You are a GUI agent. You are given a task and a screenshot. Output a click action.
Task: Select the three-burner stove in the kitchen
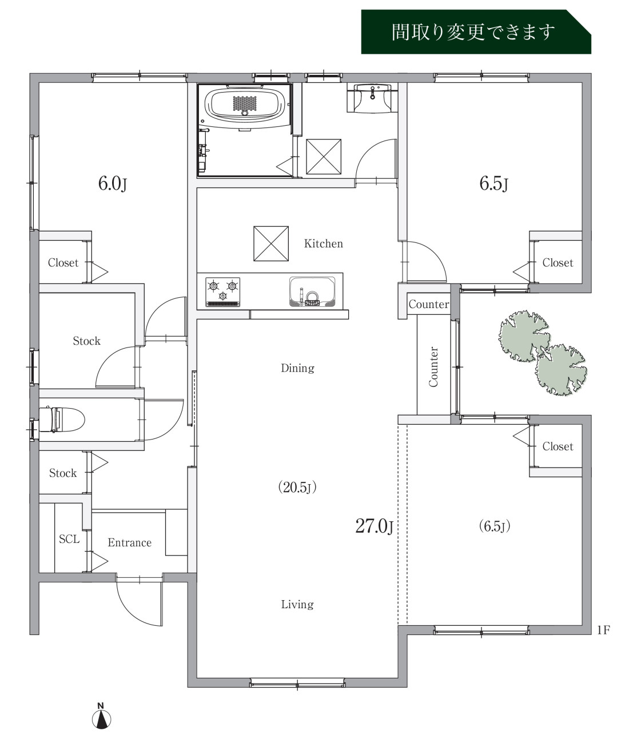[x=222, y=292]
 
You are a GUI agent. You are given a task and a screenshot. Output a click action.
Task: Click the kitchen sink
[x=312, y=292]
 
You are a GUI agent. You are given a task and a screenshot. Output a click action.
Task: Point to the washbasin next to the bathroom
[x=372, y=98]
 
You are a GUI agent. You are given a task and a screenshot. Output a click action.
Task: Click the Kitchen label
[x=323, y=243]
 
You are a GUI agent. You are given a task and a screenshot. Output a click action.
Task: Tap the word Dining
[x=297, y=368]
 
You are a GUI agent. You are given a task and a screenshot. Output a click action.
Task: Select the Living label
[x=297, y=604]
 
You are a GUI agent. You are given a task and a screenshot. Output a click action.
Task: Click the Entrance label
[x=130, y=542]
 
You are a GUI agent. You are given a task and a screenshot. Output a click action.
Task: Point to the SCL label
[x=69, y=539]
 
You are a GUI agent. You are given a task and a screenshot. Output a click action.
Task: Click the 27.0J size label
[x=374, y=526]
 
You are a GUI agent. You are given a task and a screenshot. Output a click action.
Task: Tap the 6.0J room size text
[x=113, y=184]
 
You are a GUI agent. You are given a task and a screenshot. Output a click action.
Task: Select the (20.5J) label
[x=297, y=487]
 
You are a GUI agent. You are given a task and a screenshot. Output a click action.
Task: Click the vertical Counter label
[x=433, y=367]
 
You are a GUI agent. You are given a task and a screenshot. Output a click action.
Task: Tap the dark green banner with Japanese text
[x=476, y=32]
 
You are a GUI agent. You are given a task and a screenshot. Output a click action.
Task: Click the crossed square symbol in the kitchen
[x=271, y=243]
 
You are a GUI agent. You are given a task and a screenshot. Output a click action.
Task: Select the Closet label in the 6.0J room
[x=63, y=262]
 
